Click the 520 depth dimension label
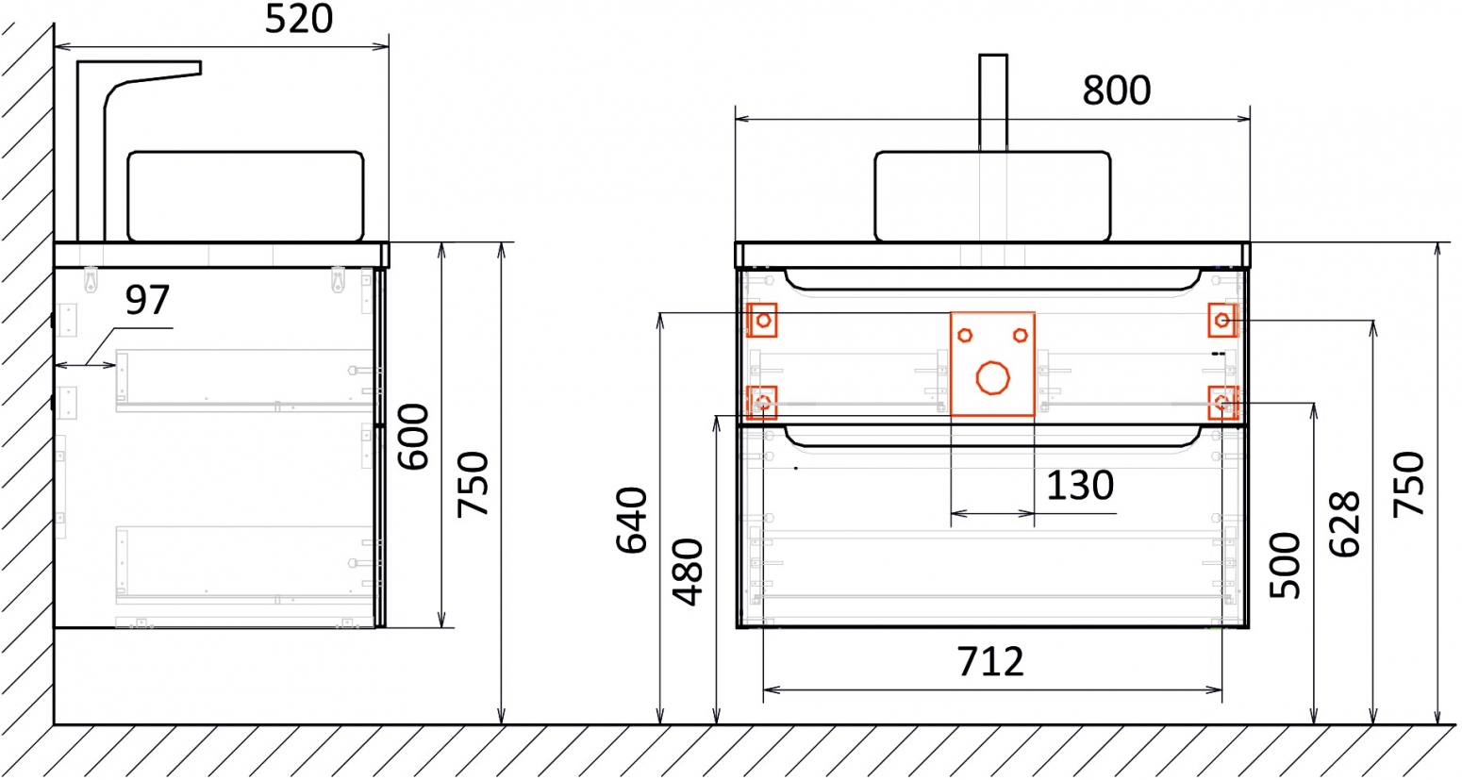299,20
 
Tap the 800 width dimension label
1117,91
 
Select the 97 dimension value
147,300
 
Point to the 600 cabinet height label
414,437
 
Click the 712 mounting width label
990,661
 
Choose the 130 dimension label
1080,486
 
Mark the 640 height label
632,521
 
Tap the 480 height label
688,572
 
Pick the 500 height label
1285,566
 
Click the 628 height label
1344,524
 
